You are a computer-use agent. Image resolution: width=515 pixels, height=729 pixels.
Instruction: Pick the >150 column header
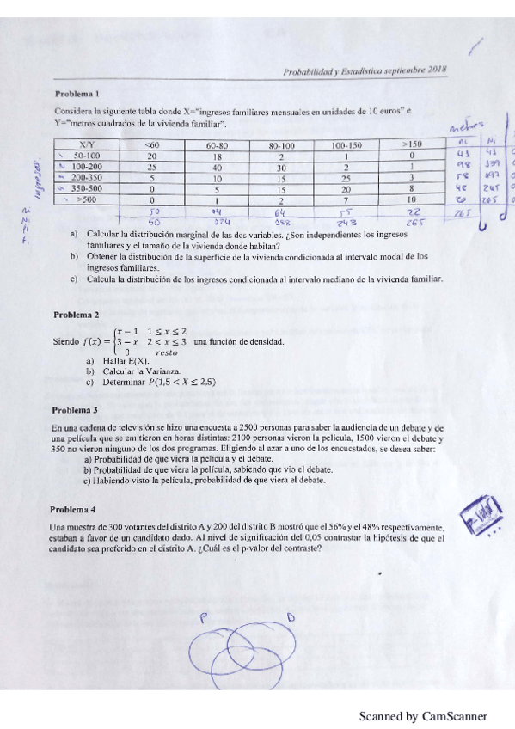pyautogui.click(x=412, y=145)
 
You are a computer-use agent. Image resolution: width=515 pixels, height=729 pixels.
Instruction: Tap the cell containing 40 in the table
pyautogui.click(x=216, y=167)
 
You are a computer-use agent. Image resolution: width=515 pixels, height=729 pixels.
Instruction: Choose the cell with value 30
pyautogui.click(x=280, y=167)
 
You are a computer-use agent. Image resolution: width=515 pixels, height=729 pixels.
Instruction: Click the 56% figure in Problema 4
pyautogui.click(x=351, y=527)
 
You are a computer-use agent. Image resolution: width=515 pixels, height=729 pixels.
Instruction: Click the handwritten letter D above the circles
pyautogui.click(x=290, y=616)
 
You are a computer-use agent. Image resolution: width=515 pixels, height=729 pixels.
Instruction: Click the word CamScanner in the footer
pyautogui.click(x=455, y=715)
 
